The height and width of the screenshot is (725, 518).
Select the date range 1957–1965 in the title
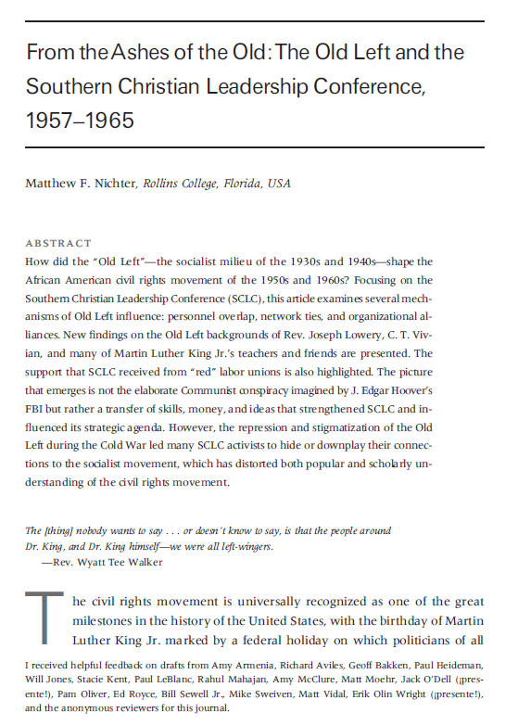click(x=80, y=121)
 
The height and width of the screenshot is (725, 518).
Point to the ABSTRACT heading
click(x=58, y=243)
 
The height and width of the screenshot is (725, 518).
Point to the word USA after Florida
click(x=279, y=184)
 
